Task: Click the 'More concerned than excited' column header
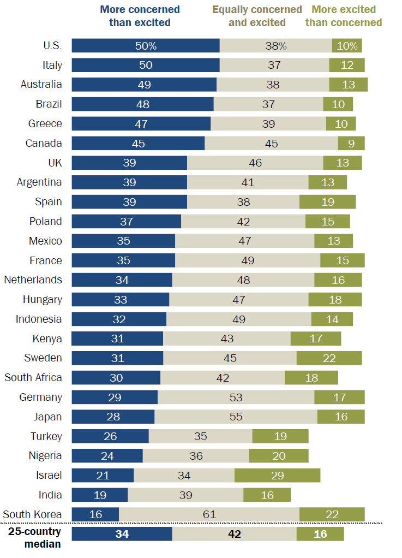(x=140, y=16)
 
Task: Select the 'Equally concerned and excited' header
(x=257, y=16)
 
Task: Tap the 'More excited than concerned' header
(x=343, y=16)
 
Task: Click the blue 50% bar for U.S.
(x=146, y=46)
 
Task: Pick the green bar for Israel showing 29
(x=277, y=476)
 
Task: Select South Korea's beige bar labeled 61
(x=209, y=514)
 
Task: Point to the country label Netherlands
(x=33, y=280)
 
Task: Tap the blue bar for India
(x=100, y=495)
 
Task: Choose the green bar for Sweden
(x=329, y=358)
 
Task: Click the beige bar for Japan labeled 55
(x=236, y=417)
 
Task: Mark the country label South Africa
(x=33, y=378)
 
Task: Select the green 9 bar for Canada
(x=351, y=144)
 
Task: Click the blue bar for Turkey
(x=110, y=436)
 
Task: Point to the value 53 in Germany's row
(x=236, y=397)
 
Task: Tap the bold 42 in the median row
(x=234, y=534)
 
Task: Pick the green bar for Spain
(x=327, y=202)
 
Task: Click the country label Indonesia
(x=39, y=319)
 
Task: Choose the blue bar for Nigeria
(x=107, y=456)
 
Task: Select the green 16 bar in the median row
(x=320, y=534)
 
